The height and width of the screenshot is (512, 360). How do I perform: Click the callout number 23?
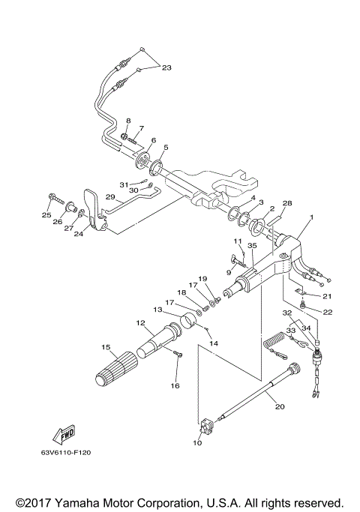tap(166, 68)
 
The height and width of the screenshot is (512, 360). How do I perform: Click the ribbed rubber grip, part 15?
tap(114, 372)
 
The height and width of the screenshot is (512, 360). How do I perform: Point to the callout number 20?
tap(279, 407)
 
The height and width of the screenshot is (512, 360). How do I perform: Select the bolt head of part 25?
tap(53, 199)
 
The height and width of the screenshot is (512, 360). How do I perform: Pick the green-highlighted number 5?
tap(166, 147)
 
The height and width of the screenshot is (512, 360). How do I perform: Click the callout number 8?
tap(128, 121)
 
